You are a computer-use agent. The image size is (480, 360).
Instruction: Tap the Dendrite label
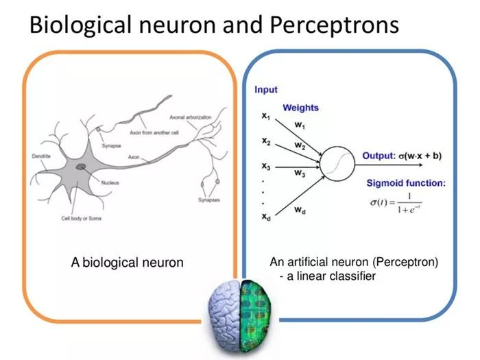click(40, 156)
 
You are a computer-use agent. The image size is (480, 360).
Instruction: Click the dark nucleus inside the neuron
click(81, 167)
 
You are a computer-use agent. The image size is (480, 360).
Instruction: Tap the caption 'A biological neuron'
click(127, 262)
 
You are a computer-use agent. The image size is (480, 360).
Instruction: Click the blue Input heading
click(266, 90)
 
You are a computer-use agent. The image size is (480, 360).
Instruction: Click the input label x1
click(265, 117)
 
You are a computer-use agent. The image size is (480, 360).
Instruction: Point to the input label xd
click(265, 217)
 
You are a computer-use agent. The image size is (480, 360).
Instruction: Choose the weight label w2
click(300, 145)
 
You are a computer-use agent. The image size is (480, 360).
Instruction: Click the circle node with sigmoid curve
click(339, 163)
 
